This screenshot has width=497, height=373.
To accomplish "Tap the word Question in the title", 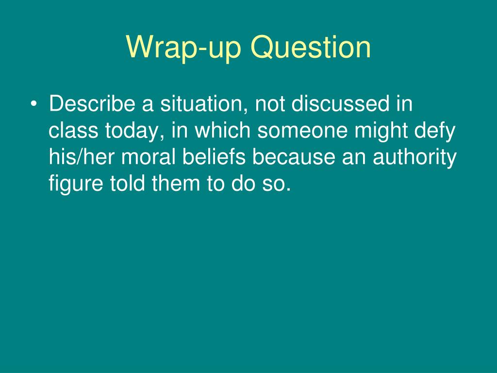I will coord(311,48).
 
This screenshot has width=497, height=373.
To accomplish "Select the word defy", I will coord(439,131).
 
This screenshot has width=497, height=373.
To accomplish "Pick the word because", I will coord(293,158).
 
